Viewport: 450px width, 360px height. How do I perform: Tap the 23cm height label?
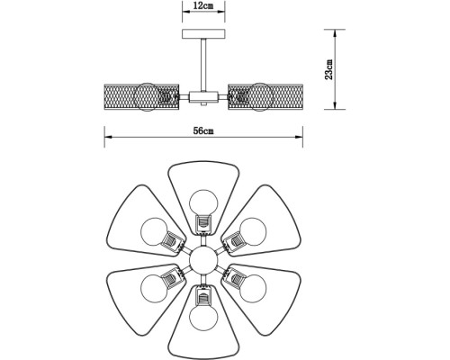coord(329,68)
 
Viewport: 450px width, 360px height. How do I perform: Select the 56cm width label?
coord(202,132)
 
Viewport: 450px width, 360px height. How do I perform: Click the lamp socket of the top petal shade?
coord(202,221)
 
